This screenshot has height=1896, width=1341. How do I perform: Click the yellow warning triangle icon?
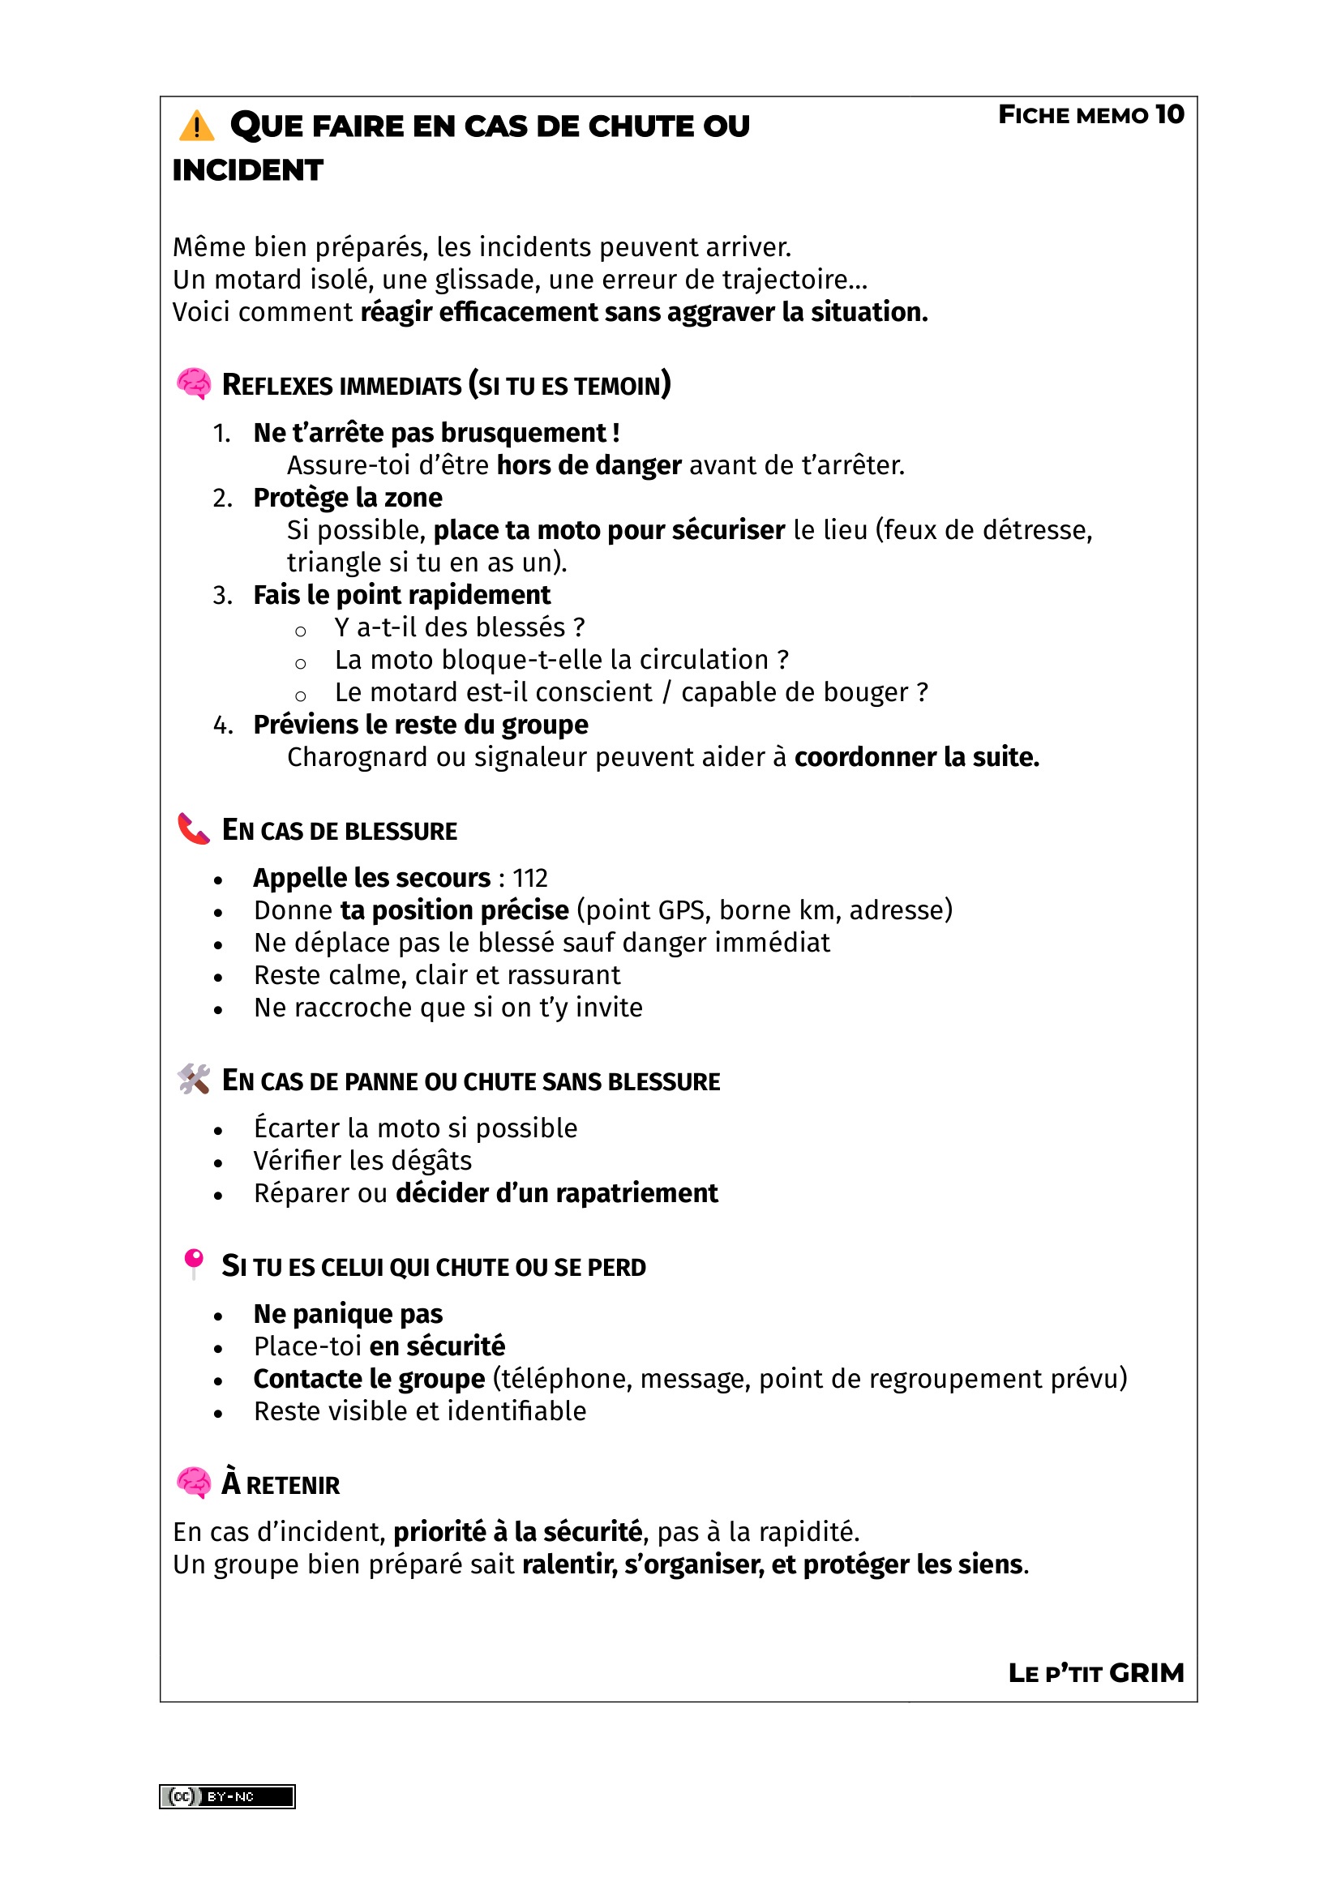196,126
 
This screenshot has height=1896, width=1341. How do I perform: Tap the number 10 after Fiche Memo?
1169,114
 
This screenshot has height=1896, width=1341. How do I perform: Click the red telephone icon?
194,828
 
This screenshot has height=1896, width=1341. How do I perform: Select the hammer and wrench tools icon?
194,1079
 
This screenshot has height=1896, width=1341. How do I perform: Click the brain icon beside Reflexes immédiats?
194,384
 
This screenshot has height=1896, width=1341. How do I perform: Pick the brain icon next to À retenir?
194,1483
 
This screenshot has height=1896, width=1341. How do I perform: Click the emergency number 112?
530,878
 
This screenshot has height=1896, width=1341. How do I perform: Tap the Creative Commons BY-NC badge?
227,1797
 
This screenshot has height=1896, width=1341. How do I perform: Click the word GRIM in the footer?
1146,1673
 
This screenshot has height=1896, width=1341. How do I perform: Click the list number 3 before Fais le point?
221,596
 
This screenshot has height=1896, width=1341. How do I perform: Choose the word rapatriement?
636,1193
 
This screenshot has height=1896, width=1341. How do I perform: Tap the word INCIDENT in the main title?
248,170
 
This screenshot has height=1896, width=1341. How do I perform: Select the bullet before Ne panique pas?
218,1316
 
